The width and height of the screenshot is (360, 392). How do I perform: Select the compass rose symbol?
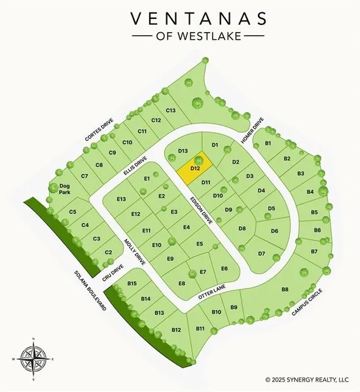[31, 358]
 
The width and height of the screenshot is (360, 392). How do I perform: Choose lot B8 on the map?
[285, 289]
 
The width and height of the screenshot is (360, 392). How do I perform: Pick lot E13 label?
[121, 199]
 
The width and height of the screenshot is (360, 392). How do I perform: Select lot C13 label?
[171, 110]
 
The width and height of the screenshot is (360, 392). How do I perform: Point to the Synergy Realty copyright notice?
[308, 379]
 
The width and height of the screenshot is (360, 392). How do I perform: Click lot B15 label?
[132, 283]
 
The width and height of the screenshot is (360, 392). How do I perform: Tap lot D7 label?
[261, 253]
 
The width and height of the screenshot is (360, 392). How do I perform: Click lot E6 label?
[224, 269]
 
